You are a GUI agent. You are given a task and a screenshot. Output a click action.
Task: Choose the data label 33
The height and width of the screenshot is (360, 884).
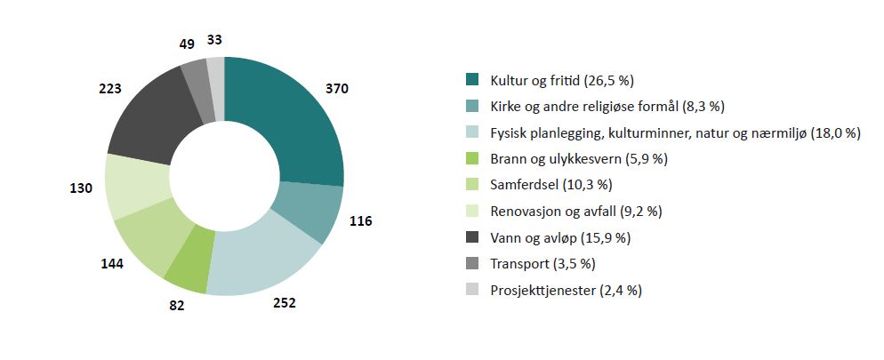pos(215,39)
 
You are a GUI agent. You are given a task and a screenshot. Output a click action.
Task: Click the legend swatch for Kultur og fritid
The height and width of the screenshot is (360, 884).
pos(473,80)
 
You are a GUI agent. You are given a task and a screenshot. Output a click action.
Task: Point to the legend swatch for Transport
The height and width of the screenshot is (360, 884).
pos(473,264)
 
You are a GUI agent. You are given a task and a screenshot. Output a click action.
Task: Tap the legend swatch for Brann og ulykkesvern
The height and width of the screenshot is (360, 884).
pos(473,159)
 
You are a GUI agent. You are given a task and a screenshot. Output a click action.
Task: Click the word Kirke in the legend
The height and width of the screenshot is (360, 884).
pos(508,107)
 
